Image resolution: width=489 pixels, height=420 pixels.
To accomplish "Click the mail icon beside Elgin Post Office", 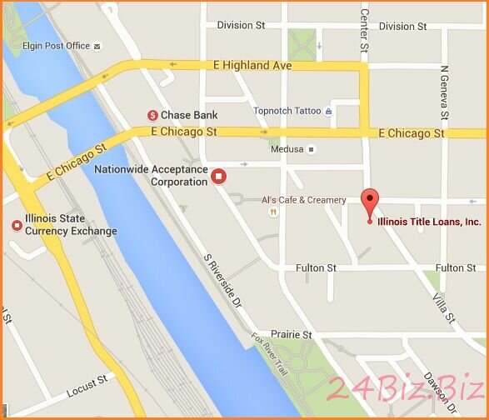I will tap(98, 47).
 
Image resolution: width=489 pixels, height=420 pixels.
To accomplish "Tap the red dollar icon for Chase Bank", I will tap(153, 115).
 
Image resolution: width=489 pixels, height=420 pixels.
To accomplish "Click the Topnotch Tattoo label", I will tap(287, 111).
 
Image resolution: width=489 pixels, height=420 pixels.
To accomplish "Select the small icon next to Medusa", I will tap(312, 150).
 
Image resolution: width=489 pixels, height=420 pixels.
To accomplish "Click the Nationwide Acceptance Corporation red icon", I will tap(219, 176).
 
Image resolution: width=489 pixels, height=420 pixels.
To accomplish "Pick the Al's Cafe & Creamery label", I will tap(303, 200).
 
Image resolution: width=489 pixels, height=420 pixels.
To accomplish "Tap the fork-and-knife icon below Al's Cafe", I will tap(272, 212).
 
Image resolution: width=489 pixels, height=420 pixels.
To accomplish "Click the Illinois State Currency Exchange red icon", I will tap(15, 225).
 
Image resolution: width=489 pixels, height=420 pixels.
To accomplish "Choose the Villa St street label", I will tap(443, 307).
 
